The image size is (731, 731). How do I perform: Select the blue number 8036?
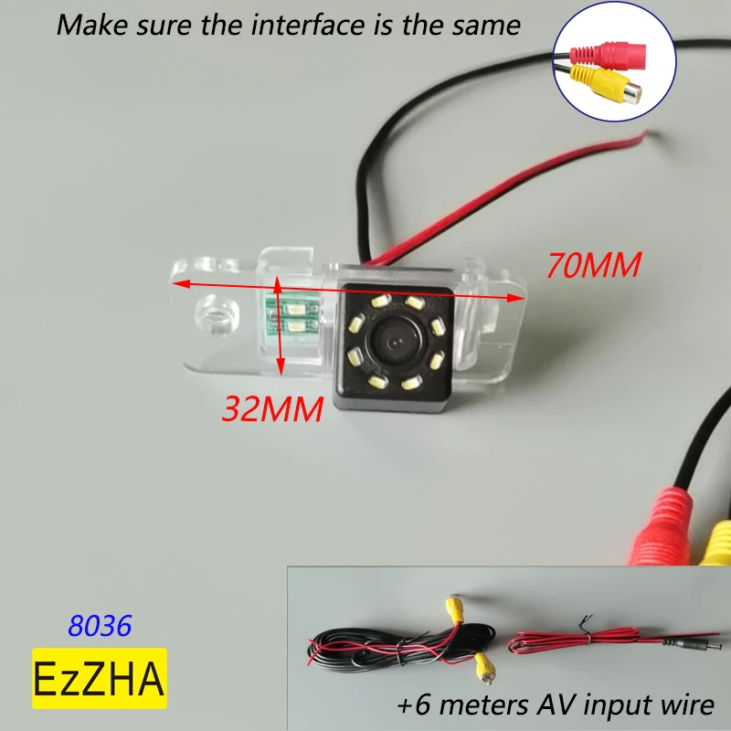(x=101, y=626)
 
